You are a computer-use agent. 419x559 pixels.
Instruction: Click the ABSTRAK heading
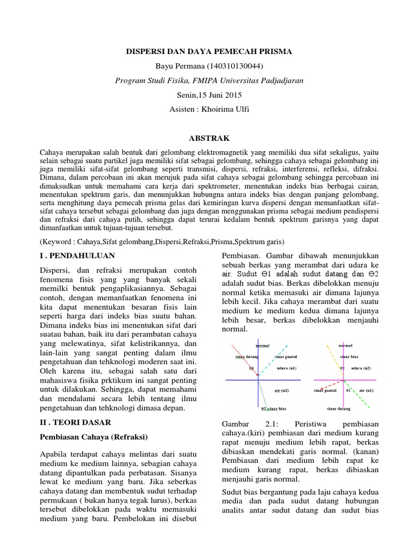click(x=209, y=138)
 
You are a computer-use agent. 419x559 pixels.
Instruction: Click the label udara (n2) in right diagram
click(x=361, y=368)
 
